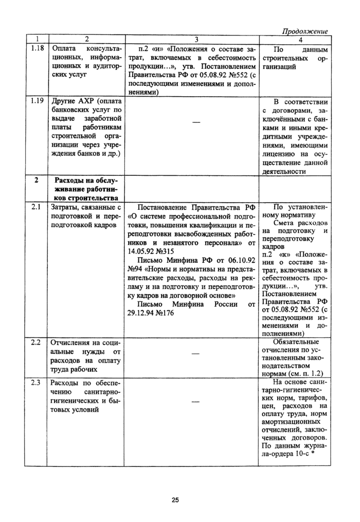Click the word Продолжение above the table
click(307, 31)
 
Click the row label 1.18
click(34, 49)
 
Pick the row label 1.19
click(34, 101)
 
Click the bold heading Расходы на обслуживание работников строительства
click(86, 189)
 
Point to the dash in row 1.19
click(195, 121)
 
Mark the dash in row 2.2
click(195, 354)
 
